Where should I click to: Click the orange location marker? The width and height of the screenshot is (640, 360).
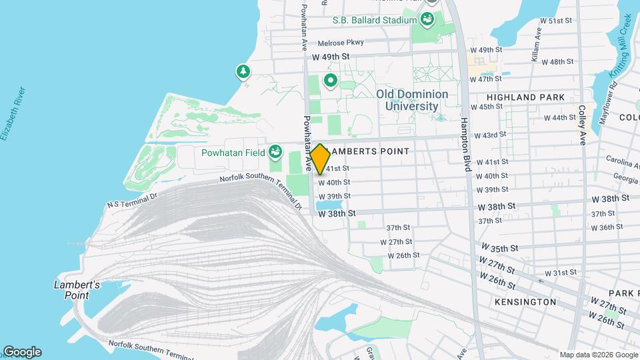[x=320, y=159]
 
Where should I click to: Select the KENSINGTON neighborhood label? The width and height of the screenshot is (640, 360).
[x=525, y=302]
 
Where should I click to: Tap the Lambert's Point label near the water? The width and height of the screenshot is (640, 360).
[x=77, y=290]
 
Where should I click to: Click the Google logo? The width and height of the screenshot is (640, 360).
[x=22, y=352]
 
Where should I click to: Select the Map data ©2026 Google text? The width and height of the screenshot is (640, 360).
[x=598, y=355]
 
